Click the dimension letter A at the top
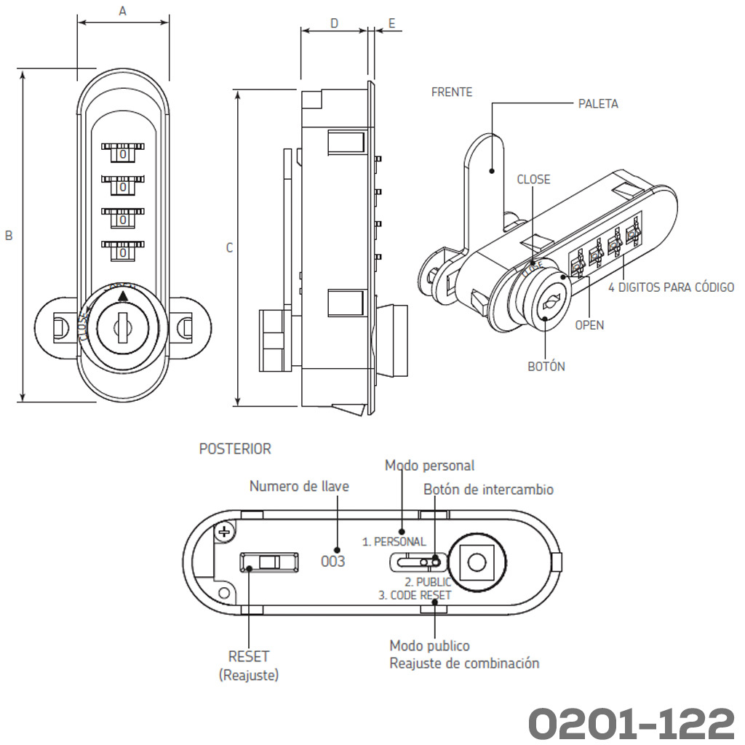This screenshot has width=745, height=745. [122, 11]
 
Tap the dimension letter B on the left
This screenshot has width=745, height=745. [9, 236]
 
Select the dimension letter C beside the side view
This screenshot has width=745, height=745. [229, 248]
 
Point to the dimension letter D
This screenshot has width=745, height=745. [334, 23]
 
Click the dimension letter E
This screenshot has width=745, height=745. [391, 23]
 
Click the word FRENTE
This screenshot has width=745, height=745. [452, 92]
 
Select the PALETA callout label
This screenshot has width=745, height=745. [598, 104]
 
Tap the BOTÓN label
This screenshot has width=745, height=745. [546, 367]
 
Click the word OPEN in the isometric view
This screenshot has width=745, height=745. [589, 325]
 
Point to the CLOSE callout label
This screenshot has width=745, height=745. [533, 180]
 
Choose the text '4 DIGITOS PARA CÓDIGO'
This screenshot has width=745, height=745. [671, 287]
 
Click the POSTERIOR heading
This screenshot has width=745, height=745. [235, 449]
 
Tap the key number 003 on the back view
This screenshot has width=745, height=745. [333, 562]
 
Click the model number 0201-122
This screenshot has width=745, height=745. [631, 722]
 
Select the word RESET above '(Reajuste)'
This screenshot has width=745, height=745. [249, 656]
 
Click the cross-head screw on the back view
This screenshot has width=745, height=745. [225, 532]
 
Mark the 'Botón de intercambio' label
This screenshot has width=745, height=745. [488, 490]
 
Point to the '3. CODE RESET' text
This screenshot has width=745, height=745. [415, 595]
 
